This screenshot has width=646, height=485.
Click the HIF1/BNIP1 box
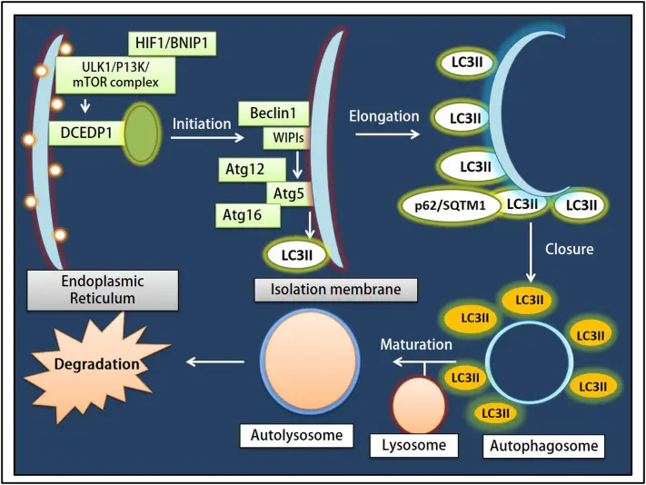pyautogui.click(x=173, y=43)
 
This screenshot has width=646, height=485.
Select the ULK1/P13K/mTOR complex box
pyautogui.click(x=115, y=75)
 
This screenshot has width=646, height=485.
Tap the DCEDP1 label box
pyautogui.click(x=86, y=133)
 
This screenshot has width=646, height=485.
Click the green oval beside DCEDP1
pyautogui.click(x=141, y=134)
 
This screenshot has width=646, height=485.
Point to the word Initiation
pyautogui.click(x=202, y=124)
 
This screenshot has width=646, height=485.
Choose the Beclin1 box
pyautogui.click(x=273, y=114)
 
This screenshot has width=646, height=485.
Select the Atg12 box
pyautogui.click(x=253, y=169)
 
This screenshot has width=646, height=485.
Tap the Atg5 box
pyautogui.click(x=290, y=193)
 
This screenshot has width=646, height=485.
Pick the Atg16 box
pyautogui.click(x=248, y=215)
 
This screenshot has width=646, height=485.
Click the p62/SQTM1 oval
pyautogui.click(x=450, y=205)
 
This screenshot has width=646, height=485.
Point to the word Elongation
pyautogui.click(x=384, y=116)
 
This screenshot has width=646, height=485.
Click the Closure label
pyautogui.click(x=570, y=249)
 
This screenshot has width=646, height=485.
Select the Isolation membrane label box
pyautogui.click(x=335, y=290)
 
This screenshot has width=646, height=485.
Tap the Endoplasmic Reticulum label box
pyautogui.click(x=103, y=290)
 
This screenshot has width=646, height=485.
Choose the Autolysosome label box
pyautogui.click(x=296, y=435)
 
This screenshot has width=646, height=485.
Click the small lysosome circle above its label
pyautogui.click(x=419, y=405)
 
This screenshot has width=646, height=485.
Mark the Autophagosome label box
pyautogui.click(x=543, y=446)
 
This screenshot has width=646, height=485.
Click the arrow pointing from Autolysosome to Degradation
pyautogui.click(x=215, y=361)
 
